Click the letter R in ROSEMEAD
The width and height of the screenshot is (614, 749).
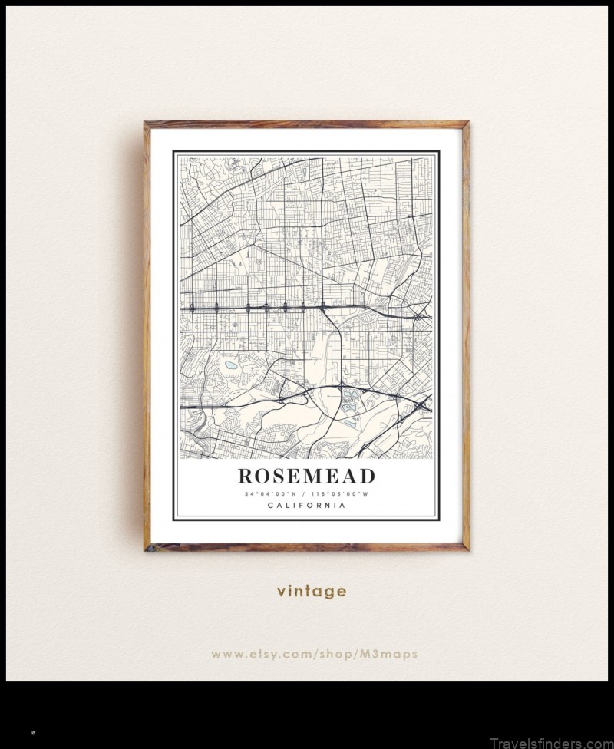click(246, 477)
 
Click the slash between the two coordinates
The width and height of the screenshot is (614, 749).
click(303, 494)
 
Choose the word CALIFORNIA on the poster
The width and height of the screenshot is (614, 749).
click(306, 506)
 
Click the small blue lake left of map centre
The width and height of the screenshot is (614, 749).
click(229, 365)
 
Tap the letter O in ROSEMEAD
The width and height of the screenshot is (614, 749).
click(263, 477)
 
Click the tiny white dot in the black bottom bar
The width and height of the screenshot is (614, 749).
click(33, 734)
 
